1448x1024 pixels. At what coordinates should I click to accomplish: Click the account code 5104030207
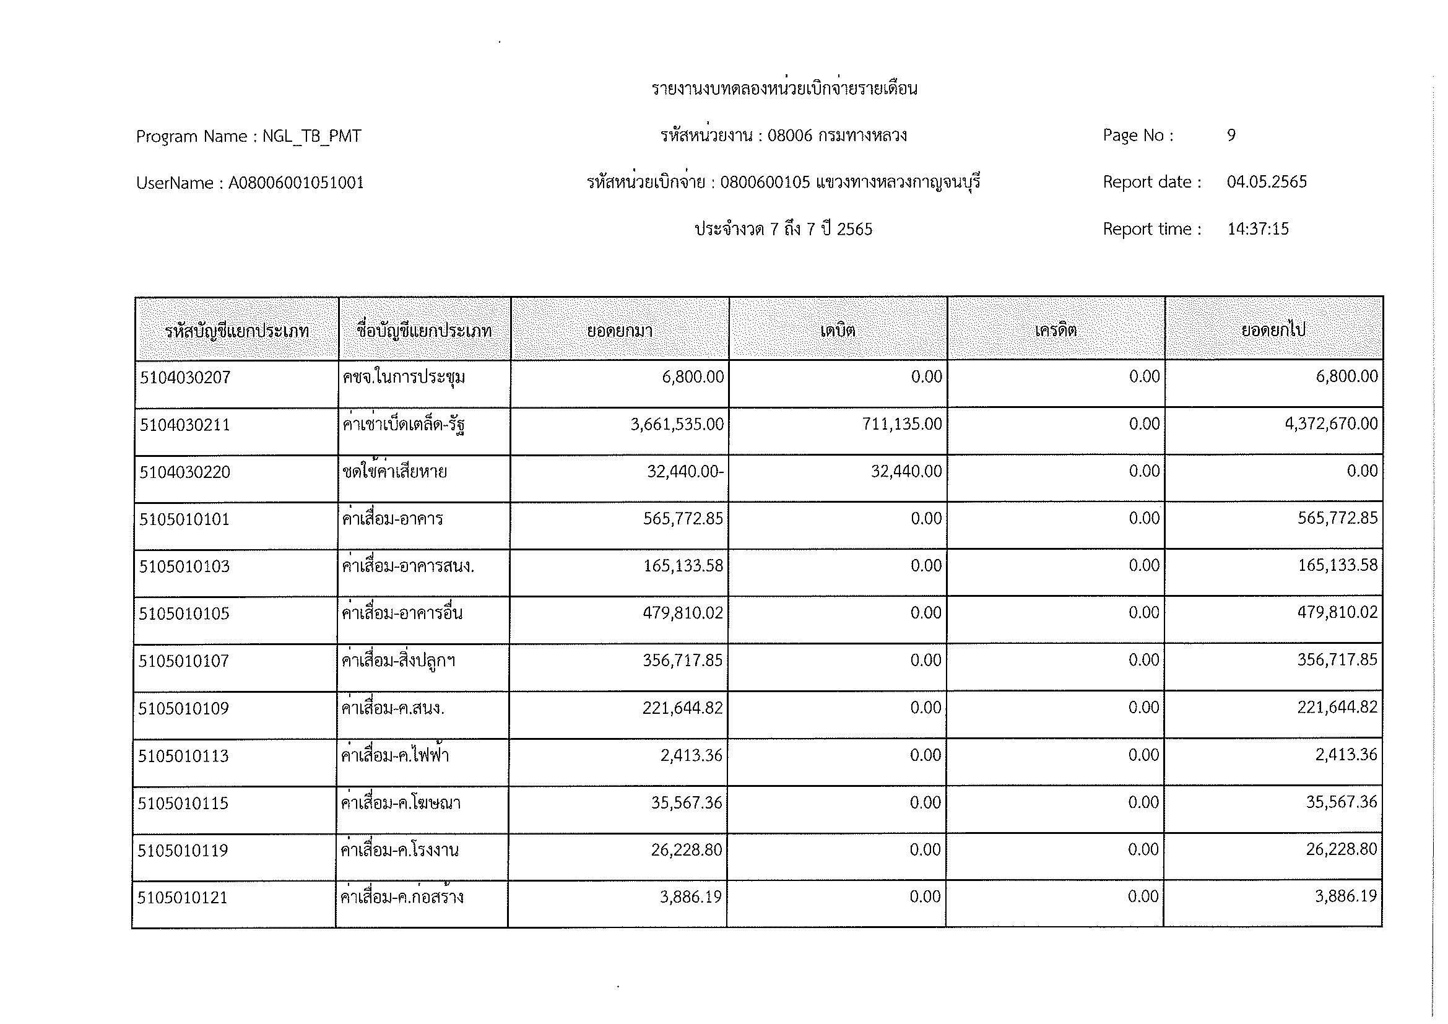tap(186, 378)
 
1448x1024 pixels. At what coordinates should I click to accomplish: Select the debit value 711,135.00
tap(902, 423)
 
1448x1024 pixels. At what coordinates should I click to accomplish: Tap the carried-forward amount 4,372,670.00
tap(1331, 423)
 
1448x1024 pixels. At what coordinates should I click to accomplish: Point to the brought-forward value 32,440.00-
tap(685, 471)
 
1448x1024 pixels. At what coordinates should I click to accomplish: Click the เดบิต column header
tap(838, 331)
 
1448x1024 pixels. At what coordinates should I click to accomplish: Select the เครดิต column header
tap(1055, 331)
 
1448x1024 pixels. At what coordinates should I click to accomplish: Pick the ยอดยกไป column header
tap(1273, 331)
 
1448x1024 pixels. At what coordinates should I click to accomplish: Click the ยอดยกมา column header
tap(619, 331)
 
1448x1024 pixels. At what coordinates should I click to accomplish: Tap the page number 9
tap(1231, 135)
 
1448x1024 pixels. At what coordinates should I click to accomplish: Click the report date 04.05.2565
tap(1267, 182)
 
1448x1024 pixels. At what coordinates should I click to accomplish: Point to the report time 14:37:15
tap(1257, 229)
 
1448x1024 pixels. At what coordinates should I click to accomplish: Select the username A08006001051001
tap(296, 183)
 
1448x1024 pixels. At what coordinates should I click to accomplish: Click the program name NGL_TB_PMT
tap(311, 136)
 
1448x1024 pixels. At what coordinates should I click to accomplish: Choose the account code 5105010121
tap(183, 897)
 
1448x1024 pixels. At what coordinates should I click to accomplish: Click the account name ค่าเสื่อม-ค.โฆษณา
tap(401, 803)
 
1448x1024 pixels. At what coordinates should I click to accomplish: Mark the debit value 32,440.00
tap(906, 471)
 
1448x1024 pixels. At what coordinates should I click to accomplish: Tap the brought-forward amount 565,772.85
tap(683, 518)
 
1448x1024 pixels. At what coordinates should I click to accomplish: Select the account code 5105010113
tap(183, 755)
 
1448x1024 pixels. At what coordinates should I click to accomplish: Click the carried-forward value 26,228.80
tap(1341, 849)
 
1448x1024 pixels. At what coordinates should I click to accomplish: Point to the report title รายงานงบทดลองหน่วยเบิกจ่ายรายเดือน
tap(784, 89)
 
